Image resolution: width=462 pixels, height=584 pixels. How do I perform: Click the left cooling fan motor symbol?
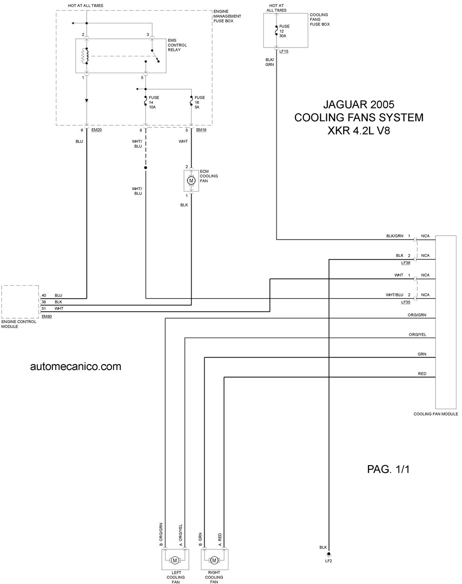[x=175, y=560]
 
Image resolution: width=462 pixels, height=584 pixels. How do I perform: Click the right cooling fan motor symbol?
[x=214, y=560]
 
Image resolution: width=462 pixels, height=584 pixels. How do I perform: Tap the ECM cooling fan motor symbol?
[x=191, y=180]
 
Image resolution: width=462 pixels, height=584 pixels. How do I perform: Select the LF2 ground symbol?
[x=329, y=555]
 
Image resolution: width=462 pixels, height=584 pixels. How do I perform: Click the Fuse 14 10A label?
[x=154, y=103]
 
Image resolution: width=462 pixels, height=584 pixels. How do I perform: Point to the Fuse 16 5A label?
[x=200, y=103]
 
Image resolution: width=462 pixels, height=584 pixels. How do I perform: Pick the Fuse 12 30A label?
[x=284, y=31]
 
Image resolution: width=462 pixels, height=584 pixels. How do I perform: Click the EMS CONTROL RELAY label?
[x=177, y=45]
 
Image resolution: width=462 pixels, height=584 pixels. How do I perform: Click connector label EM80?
[x=47, y=316]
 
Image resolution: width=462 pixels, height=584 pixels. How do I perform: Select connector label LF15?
[x=283, y=51]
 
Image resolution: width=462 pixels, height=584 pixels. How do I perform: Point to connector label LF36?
[x=406, y=263]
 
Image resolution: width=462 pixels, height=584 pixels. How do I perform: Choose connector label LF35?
[x=406, y=302]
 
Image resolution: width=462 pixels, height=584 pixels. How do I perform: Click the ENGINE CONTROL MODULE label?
[x=19, y=324]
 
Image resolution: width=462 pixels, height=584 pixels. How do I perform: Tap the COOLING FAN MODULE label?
[x=436, y=414]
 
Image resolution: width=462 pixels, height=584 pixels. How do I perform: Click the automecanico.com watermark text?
[x=76, y=366]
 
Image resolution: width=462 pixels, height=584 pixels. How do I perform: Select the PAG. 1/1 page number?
[x=388, y=469]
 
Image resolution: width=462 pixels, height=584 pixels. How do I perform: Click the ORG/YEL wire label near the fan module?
[x=417, y=335]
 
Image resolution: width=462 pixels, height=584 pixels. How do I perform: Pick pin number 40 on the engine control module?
[x=44, y=295]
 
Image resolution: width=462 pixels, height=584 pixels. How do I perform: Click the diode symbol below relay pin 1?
[x=87, y=100]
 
